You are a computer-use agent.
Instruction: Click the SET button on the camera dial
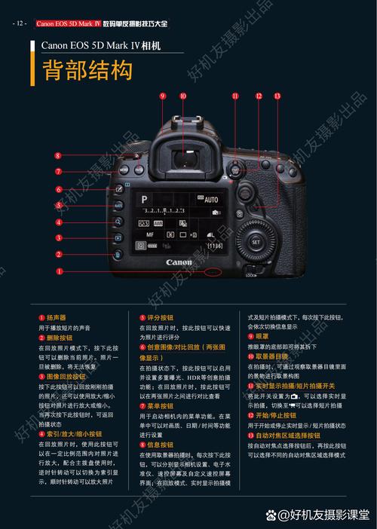(x=255, y=242)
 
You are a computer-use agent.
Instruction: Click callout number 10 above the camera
(x=183, y=96)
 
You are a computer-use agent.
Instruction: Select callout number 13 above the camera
(x=277, y=96)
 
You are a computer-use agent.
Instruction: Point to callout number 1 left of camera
(x=58, y=272)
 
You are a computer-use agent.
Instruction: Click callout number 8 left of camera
(x=58, y=156)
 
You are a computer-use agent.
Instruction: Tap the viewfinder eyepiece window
(x=183, y=157)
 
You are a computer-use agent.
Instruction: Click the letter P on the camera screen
(x=144, y=199)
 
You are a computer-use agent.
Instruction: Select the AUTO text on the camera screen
(x=210, y=200)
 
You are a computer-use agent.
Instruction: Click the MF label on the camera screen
(x=150, y=235)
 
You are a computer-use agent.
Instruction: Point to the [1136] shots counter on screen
(x=215, y=246)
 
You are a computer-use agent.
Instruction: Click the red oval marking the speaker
(x=213, y=270)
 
